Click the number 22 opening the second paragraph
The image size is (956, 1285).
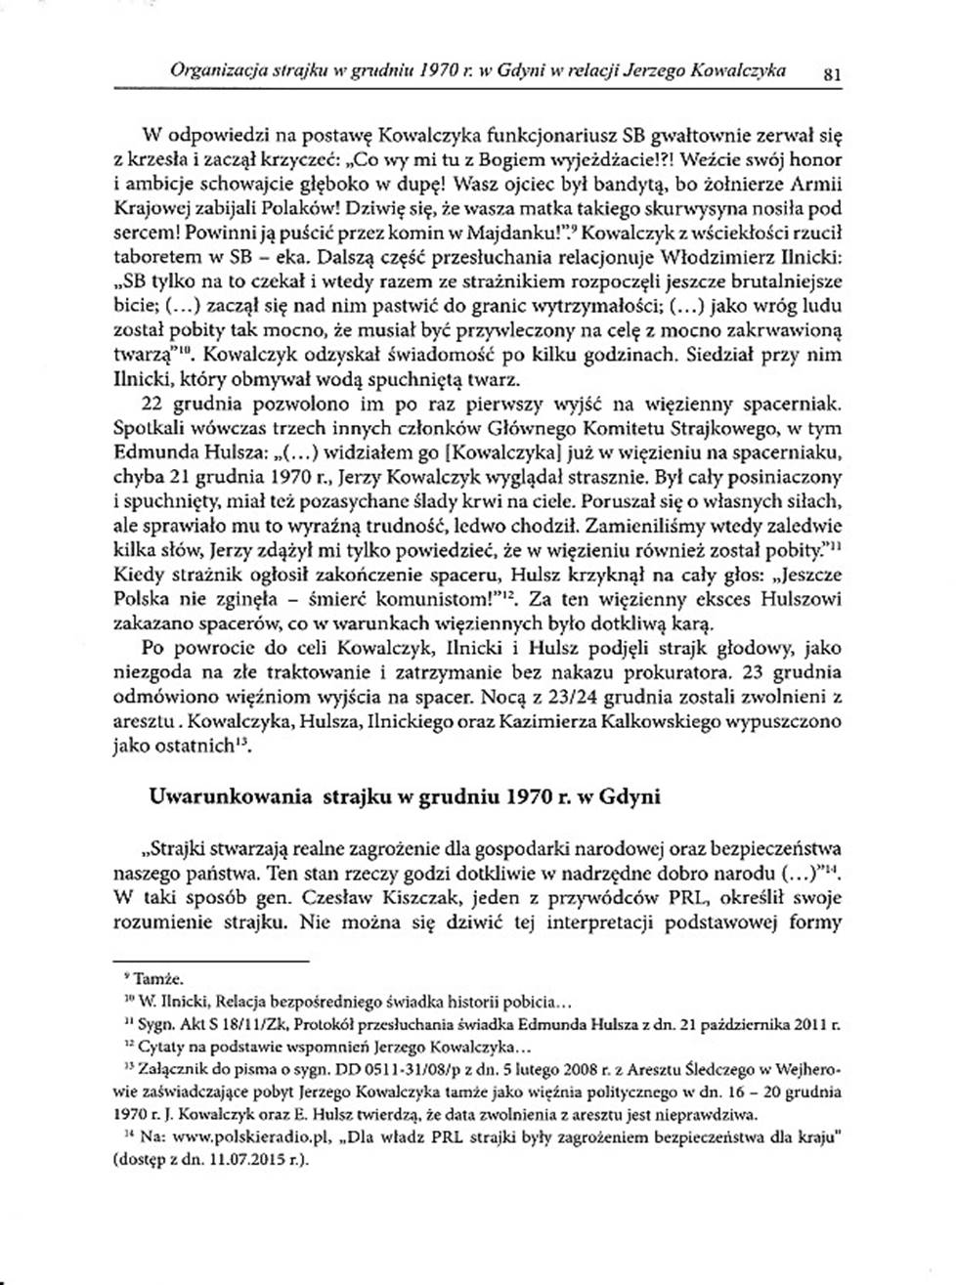154,404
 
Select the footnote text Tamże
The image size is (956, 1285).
158,978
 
